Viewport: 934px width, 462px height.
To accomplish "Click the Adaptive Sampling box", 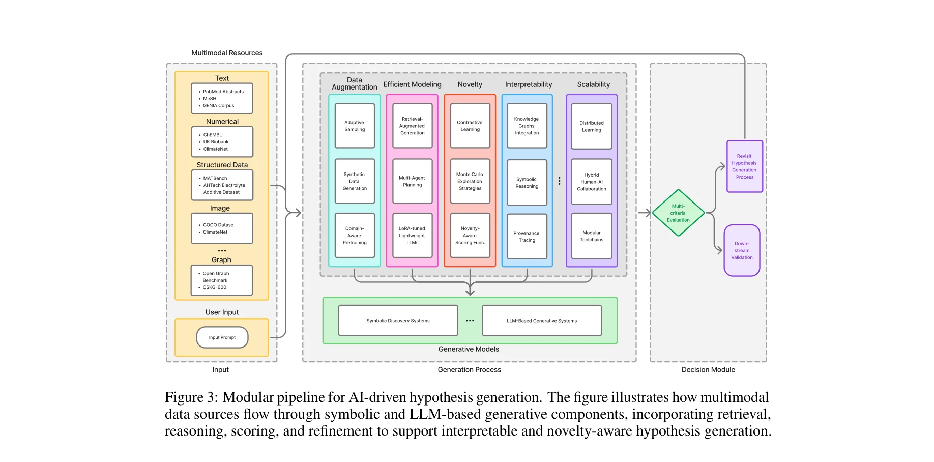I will tap(355, 126).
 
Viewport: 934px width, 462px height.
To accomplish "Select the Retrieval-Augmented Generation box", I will tap(412, 126).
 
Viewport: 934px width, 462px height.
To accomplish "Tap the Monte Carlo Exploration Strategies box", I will tap(470, 181).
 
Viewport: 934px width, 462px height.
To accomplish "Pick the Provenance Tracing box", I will tap(527, 237).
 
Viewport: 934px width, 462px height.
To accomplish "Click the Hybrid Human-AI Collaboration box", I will tap(592, 182).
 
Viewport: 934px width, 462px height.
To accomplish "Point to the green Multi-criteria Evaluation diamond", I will tap(678, 213).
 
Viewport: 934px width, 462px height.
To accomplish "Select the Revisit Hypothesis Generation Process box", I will tap(744, 166).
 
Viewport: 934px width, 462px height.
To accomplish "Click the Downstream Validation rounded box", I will tap(742, 250).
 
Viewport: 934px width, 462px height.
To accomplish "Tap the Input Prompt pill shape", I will tap(222, 337).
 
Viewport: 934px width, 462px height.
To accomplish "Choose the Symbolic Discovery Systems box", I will tap(398, 321).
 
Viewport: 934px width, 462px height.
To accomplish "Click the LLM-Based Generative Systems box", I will tap(542, 321).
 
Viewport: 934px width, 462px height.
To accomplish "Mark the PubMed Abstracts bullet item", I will tap(223, 92).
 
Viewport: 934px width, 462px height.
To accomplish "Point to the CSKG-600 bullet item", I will tap(214, 287).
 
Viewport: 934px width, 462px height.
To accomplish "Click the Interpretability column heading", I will tap(528, 84).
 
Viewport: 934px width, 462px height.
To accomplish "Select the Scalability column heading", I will tap(593, 84).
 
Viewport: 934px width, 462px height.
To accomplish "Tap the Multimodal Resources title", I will tap(227, 53).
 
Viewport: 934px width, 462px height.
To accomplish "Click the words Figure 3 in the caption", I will tap(191, 397).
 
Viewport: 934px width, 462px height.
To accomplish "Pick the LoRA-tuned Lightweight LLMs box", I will tap(412, 236).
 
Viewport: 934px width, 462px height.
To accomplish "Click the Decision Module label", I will tap(708, 370).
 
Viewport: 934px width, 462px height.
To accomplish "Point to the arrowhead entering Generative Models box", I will tap(470, 293).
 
